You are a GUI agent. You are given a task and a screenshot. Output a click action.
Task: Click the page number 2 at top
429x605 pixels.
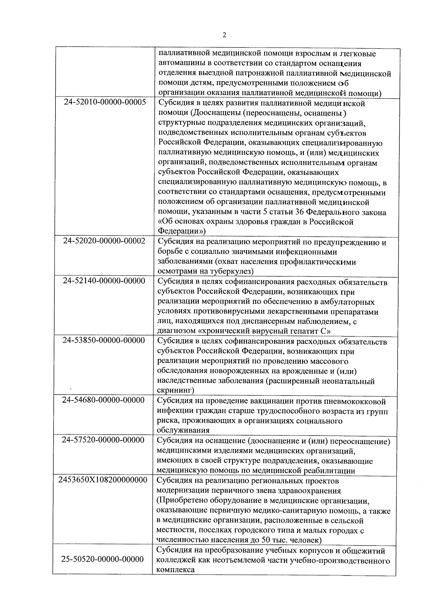(x=224, y=35)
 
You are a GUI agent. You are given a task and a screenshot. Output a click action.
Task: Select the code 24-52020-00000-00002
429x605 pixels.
(x=104, y=241)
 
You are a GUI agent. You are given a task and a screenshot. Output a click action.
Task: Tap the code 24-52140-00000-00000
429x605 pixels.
(x=104, y=281)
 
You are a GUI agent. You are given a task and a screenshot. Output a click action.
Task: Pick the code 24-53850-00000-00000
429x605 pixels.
(x=104, y=340)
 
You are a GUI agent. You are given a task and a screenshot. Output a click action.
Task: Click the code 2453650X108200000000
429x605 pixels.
(x=103, y=479)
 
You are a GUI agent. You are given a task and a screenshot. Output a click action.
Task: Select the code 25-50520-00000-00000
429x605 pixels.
(x=103, y=559)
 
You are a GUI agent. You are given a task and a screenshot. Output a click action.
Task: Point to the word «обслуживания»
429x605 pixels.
(x=183, y=430)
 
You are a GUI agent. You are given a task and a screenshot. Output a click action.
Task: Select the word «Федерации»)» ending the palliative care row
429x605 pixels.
(x=182, y=231)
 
